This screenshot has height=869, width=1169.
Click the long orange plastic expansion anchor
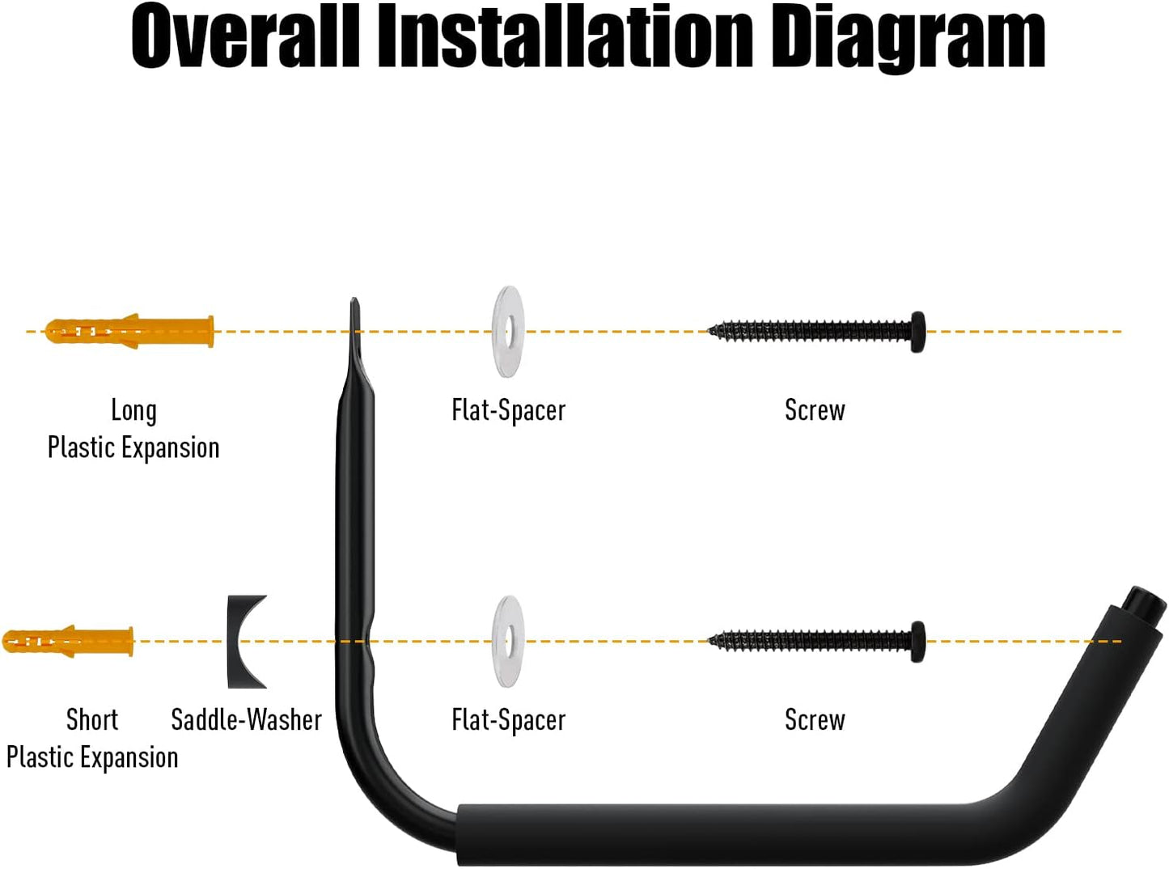click(129, 331)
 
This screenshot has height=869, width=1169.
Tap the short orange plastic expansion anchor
click(69, 641)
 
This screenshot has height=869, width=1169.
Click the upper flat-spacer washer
click(508, 331)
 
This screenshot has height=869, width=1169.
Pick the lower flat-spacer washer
click(508, 642)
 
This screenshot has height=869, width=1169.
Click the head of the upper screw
click(917, 331)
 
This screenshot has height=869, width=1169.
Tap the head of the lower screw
click(917, 642)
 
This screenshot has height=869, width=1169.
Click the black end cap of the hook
click(1145, 604)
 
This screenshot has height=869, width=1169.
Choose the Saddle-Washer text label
click(246, 719)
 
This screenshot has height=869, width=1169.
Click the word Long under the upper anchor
click(133, 411)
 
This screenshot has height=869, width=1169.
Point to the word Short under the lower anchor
click(92, 719)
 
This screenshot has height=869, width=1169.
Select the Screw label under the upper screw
click(815, 410)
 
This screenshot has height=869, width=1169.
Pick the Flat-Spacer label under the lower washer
click(508, 719)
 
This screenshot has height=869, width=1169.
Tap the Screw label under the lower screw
click(815, 719)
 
